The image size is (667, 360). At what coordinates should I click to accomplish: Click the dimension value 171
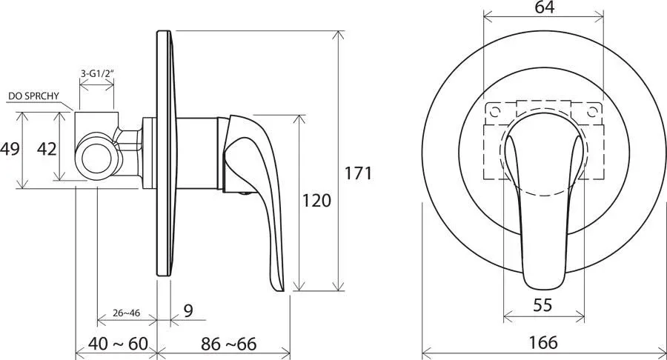click(x=358, y=173)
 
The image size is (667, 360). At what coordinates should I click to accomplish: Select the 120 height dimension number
click(x=316, y=200)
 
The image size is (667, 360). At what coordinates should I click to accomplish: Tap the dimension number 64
click(x=545, y=7)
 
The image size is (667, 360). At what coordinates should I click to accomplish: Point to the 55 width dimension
click(x=542, y=305)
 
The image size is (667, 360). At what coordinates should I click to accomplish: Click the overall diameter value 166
click(x=543, y=342)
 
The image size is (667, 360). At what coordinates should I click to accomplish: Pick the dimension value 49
click(x=10, y=149)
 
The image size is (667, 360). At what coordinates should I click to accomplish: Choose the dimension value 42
click(x=47, y=149)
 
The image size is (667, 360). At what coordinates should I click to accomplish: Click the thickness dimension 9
click(x=188, y=310)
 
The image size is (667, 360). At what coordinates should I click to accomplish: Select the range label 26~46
click(x=126, y=313)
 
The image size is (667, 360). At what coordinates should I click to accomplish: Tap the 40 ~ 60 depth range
click(x=118, y=344)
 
